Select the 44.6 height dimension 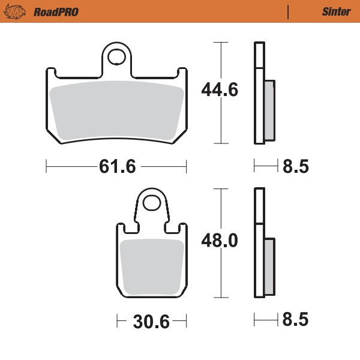pos(220,91)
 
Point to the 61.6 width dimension pos(117,166)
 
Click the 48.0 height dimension pos(220,241)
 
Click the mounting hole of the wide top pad pos(118,58)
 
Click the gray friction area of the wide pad pos(117,111)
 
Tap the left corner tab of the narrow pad pos(119,229)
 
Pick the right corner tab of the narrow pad pos(184,229)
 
